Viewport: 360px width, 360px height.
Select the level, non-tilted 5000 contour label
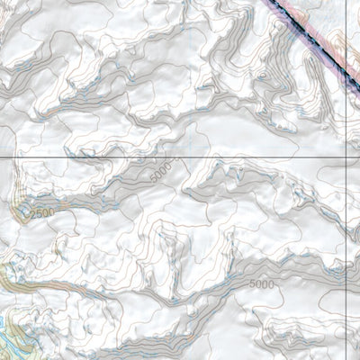click(262, 284)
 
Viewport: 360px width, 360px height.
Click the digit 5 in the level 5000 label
click(252, 284)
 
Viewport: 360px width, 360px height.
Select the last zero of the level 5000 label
click(272, 284)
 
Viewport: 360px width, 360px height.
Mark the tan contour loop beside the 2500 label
click(22, 211)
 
